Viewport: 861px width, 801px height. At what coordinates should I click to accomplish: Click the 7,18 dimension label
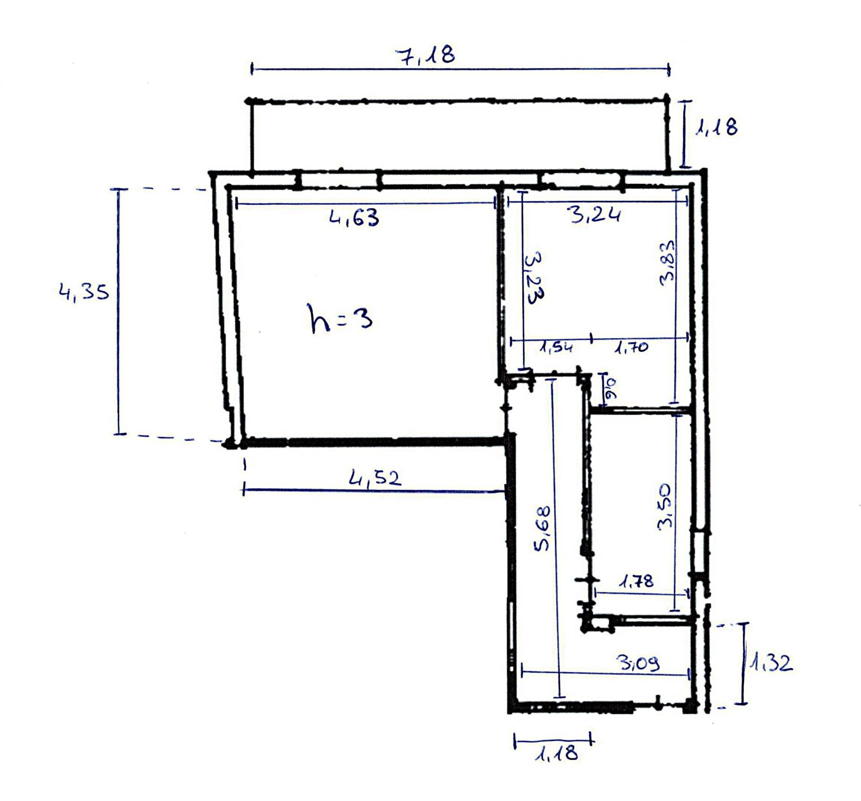(425, 55)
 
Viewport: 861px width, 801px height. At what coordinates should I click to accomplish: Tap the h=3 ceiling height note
(341, 318)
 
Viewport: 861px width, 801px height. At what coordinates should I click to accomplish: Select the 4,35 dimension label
(84, 293)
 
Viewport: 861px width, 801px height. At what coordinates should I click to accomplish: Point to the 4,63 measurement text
(354, 218)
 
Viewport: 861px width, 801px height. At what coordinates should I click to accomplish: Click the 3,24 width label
(596, 215)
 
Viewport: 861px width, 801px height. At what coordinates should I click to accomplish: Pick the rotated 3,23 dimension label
(533, 278)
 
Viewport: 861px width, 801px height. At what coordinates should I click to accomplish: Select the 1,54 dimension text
(556, 347)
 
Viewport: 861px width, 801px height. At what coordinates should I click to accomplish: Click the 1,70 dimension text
(631, 347)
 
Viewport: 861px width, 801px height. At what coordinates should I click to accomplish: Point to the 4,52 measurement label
(375, 478)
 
